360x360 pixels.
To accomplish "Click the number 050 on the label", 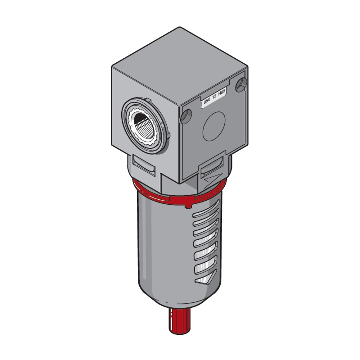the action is pos(207,101).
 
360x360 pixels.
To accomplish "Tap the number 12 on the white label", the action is pos(214,97).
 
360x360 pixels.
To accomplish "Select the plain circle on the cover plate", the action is pos(214,126).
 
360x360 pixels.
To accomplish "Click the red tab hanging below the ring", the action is pos(188,205).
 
